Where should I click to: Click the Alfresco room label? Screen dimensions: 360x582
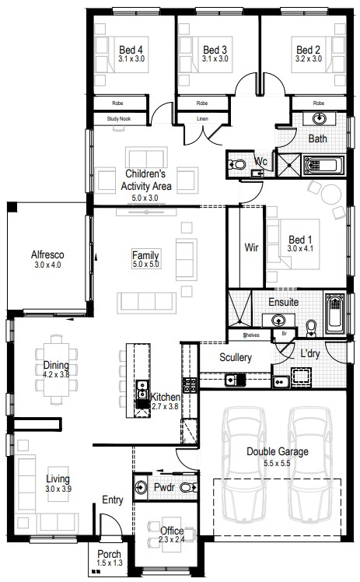[47, 255]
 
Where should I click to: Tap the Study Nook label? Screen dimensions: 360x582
[119, 119]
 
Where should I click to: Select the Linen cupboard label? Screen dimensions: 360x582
[202, 119]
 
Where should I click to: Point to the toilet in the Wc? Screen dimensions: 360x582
[236, 164]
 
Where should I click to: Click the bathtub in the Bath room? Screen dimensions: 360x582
[324, 166]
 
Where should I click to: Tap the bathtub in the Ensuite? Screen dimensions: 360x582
[336, 312]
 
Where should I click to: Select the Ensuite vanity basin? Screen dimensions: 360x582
[278, 320]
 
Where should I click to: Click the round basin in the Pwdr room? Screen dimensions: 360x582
[141, 486]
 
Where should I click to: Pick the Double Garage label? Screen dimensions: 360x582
[278, 451]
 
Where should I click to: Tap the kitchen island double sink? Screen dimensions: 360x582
[142, 394]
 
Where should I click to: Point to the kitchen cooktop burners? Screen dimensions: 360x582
[190, 385]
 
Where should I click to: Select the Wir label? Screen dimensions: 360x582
[251, 247]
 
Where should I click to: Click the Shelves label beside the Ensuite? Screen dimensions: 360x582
[251, 335]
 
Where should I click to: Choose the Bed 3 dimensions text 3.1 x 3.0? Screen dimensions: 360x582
[215, 58]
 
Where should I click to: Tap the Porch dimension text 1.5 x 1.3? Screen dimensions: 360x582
[109, 563]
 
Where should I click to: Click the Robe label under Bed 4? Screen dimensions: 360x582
[117, 103]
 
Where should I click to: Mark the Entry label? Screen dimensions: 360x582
[112, 500]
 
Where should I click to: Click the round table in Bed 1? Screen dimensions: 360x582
[330, 194]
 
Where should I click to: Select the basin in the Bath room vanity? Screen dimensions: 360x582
[319, 119]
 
